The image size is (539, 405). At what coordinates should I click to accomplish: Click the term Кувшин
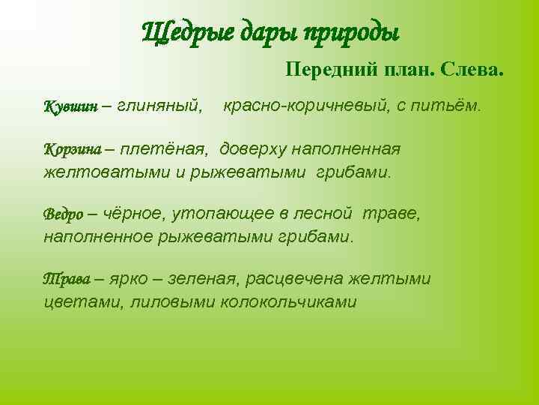70,107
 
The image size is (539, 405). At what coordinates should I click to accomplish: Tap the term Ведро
64,214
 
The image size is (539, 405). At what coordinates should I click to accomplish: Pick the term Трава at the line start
65,280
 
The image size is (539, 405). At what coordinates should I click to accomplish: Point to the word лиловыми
173,302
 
